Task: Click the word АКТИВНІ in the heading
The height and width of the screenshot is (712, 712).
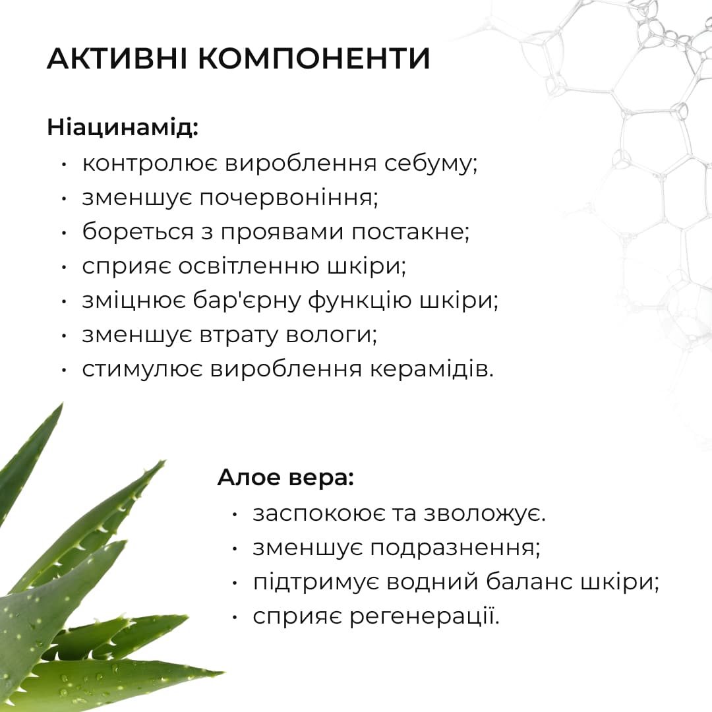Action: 117,59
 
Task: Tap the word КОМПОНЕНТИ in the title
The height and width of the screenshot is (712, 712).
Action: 314,59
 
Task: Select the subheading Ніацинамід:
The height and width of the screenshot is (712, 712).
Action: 123,127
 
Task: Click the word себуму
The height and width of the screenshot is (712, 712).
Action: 430,164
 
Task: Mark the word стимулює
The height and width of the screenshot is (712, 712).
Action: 142,369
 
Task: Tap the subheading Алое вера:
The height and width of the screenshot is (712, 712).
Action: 285,478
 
